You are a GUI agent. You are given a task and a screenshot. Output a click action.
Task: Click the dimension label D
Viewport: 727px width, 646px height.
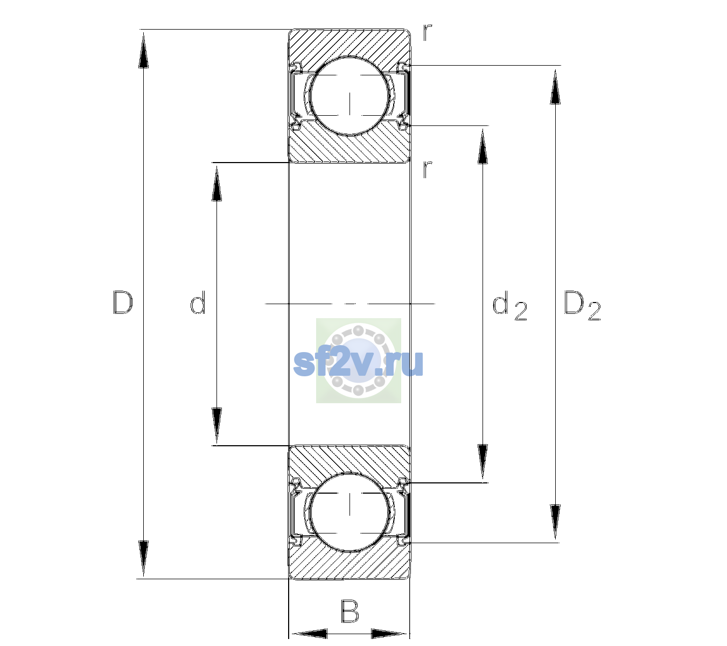tap(123, 303)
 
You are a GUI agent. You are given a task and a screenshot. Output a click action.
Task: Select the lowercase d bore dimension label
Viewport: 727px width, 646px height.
tap(198, 303)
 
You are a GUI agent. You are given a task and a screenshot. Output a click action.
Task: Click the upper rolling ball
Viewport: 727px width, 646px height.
tap(349, 96)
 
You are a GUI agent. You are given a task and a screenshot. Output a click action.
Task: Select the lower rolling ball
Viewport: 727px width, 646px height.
tap(349, 511)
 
